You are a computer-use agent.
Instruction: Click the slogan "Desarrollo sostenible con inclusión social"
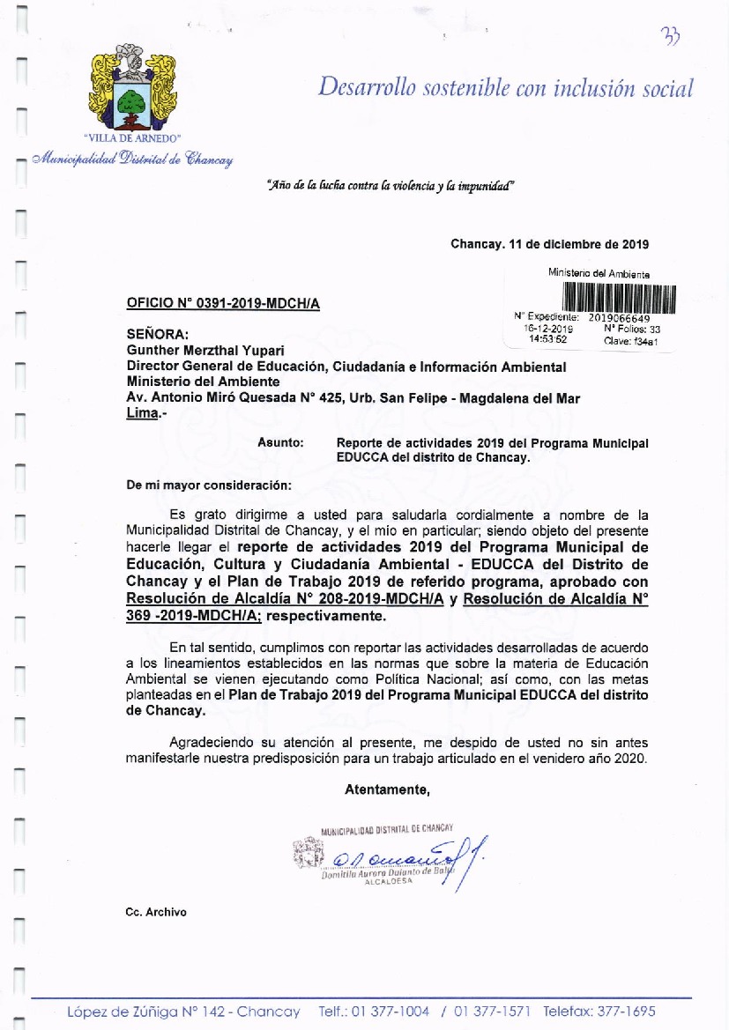(x=505, y=88)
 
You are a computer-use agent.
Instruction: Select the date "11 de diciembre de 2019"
(x=579, y=244)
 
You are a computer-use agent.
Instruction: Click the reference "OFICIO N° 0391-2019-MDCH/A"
(x=223, y=304)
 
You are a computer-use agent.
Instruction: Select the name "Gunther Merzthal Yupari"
(x=197, y=351)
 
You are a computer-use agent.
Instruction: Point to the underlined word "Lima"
(x=141, y=413)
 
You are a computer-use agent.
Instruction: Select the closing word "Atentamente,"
(x=387, y=789)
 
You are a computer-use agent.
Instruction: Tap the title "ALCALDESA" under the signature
(x=388, y=880)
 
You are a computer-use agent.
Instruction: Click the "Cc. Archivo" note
(x=157, y=912)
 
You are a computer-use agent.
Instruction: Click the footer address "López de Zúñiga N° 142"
(x=146, y=1011)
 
